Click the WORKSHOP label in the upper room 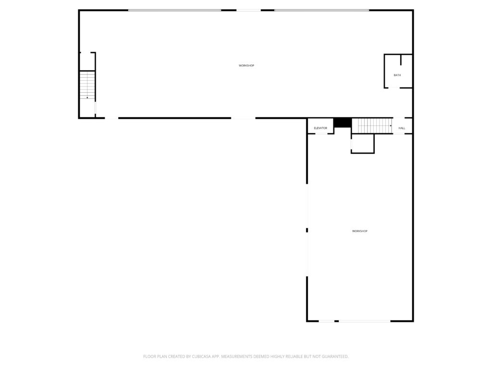point(246,65)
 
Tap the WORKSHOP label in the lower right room point(359,231)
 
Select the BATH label point(397,75)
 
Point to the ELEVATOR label point(320,128)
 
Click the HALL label point(402,128)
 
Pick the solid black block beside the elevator point(343,123)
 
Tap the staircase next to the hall point(372,125)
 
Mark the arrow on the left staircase point(87,98)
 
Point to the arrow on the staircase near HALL point(391,125)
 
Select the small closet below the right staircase point(362,143)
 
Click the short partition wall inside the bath point(401,60)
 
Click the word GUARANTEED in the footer point(336,357)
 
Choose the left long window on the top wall point(174,11)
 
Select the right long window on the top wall point(321,11)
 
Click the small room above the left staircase point(87,61)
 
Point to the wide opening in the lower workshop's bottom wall point(365,321)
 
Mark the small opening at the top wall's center point(248,11)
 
